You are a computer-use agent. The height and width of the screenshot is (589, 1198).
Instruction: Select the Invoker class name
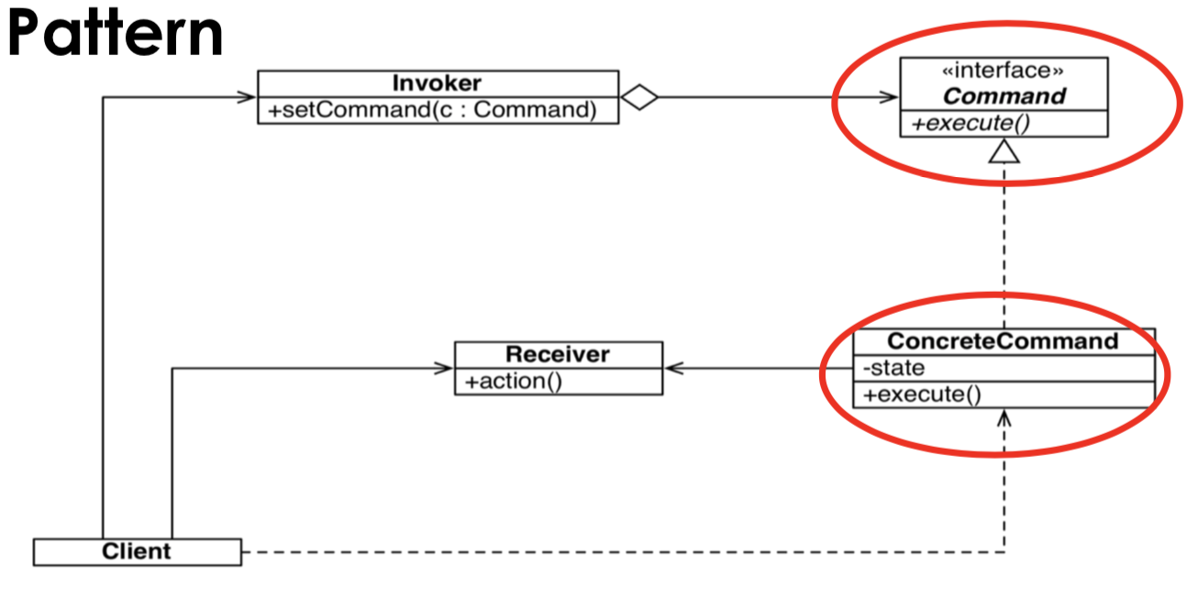tap(437, 83)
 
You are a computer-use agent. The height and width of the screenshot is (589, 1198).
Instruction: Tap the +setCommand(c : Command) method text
tap(433, 110)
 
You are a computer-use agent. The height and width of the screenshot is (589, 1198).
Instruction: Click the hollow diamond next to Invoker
tap(639, 97)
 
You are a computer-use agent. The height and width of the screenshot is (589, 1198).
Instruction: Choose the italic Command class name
tap(1004, 96)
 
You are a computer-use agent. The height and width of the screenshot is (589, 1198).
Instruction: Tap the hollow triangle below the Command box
tap(1004, 150)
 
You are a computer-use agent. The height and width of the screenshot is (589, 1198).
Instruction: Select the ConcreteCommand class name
tap(1004, 341)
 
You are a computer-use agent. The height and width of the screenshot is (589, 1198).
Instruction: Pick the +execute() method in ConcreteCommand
tap(922, 395)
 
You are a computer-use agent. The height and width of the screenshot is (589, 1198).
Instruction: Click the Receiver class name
tap(558, 354)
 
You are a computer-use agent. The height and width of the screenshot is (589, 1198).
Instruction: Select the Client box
tap(137, 551)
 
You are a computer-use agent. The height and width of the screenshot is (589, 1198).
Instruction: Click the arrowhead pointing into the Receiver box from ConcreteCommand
tap(674, 369)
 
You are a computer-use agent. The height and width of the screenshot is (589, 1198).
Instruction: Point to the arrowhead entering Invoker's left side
tap(247, 96)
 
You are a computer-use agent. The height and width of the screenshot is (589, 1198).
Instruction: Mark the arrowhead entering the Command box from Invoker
tap(889, 96)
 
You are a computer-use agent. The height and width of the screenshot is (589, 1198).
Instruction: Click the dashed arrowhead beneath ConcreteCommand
tap(1004, 418)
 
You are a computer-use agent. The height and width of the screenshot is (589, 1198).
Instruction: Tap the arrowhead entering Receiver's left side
tap(445, 369)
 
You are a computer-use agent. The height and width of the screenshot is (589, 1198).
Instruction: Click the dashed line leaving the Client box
tap(550, 552)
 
